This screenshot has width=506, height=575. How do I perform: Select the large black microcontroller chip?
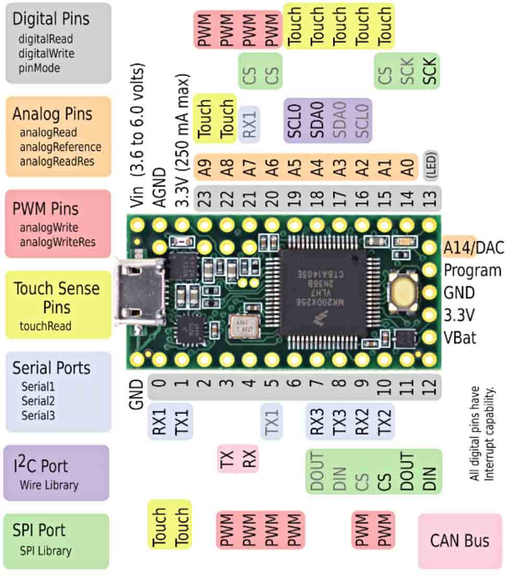pos(322,292)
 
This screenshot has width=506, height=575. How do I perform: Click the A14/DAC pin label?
pos(473,247)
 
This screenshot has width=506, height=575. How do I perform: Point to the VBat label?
pos(459,338)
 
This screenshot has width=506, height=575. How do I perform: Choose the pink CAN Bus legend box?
pos(459,541)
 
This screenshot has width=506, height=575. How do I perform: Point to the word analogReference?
pos(61,147)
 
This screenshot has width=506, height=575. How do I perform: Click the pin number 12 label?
pos(430,387)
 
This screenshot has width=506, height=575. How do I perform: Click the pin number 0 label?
pos(160,387)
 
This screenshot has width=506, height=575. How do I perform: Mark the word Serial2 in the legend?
pos(38,401)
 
